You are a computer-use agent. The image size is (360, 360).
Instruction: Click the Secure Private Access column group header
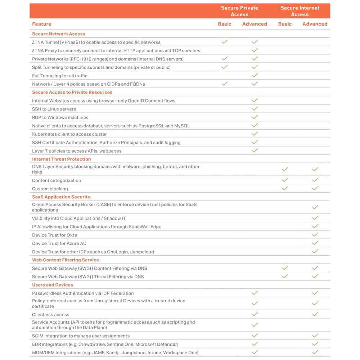coord(239,11)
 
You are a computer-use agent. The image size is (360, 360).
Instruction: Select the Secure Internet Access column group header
coord(300,11)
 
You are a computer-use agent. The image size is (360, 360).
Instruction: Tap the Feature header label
coord(42,24)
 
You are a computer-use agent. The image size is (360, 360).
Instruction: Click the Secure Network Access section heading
coord(59,34)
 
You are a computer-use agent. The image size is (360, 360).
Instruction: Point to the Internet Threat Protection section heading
coord(62,159)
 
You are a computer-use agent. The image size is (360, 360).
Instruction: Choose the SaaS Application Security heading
coord(61,197)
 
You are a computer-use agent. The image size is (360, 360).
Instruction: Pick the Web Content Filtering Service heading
coord(66,260)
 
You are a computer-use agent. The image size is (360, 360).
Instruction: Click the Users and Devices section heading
coord(53,285)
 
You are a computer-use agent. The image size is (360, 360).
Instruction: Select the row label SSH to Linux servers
coord(54,109)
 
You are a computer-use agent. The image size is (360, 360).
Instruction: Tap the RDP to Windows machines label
coord(60,117)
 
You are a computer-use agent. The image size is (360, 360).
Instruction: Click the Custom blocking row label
coord(50,189)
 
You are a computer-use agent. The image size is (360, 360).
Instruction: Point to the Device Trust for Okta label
coord(54,235)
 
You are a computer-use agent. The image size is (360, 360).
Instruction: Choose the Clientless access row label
coord(51,315)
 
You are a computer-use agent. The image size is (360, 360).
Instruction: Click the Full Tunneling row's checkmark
coord(255,76)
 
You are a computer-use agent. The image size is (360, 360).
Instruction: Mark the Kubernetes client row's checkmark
coord(255,134)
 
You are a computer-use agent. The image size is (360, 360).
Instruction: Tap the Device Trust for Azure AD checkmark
coord(315,243)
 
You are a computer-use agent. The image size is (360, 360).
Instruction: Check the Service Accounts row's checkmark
coord(255,325)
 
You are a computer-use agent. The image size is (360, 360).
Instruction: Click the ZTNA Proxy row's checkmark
coord(255,50)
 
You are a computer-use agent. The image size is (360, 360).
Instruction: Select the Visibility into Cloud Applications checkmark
coord(315,218)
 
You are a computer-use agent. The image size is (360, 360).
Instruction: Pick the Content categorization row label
coord(57,180)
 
